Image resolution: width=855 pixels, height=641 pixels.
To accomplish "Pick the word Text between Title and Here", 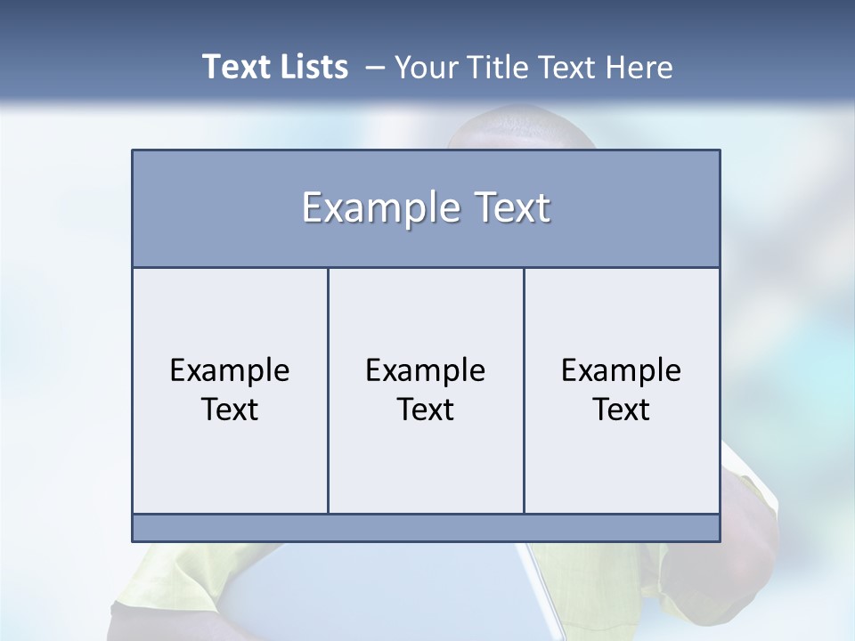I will tap(567, 68).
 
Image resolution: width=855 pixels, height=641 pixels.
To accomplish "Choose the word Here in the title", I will tap(639, 68).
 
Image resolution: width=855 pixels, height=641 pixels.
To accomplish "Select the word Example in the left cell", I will tap(230, 370).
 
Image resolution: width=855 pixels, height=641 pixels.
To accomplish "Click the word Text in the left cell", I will tap(230, 410).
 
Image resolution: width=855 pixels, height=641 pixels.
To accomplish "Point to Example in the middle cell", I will tap(426, 370).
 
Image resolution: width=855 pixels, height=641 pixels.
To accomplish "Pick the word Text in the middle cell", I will tap(426, 410).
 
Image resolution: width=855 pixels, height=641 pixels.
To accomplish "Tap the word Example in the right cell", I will tap(622, 370).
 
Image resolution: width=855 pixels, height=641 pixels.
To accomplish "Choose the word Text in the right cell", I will tap(622, 410).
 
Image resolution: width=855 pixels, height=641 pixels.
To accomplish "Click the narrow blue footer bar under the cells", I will tap(426, 528).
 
